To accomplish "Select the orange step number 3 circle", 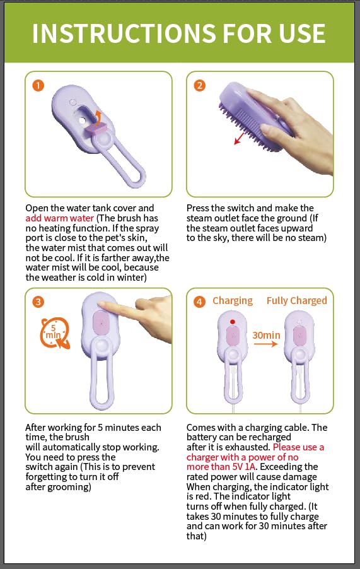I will pos(39,302).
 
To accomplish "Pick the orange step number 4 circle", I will pos(200,302).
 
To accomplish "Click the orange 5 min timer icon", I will pos(54,332).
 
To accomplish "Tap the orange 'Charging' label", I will pos(232,301).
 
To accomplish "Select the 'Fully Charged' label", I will pos(296,301).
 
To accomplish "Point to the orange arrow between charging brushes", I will pos(265,344).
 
